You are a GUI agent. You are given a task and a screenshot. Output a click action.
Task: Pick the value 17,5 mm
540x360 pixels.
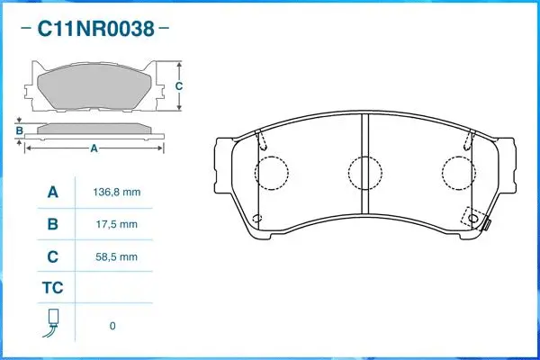pyautogui.click(x=116, y=224)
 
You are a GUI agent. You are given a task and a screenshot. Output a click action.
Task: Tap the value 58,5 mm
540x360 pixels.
pyautogui.click(x=116, y=256)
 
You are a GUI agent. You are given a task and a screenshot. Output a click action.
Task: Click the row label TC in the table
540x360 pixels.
pyautogui.click(x=52, y=289)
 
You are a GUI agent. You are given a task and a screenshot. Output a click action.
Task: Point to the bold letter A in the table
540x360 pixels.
pyautogui.click(x=52, y=193)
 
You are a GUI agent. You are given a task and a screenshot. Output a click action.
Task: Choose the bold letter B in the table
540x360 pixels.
pyautogui.click(x=52, y=224)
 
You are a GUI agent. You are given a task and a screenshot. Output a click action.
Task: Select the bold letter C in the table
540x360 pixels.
pyautogui.click(x=52, y=256)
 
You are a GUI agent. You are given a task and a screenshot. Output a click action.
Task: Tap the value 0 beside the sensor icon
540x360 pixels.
pyautogui.click(x=112, y=326)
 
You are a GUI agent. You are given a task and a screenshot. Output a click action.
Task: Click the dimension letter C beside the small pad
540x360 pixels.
pyautogui.click(x=178, y=86)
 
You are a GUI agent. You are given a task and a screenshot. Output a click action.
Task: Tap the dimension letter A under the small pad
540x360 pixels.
pyautogui.click(x=93, y=148)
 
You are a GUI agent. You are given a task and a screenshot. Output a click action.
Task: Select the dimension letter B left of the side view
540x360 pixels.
pyautogui.click(x=18, y=130)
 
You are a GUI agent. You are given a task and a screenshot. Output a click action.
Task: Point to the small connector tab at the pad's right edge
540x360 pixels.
pyautogui.click(x=487, y=227)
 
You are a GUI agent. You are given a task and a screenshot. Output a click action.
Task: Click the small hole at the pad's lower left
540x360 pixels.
pyautogui.click(x=258, y=220)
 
